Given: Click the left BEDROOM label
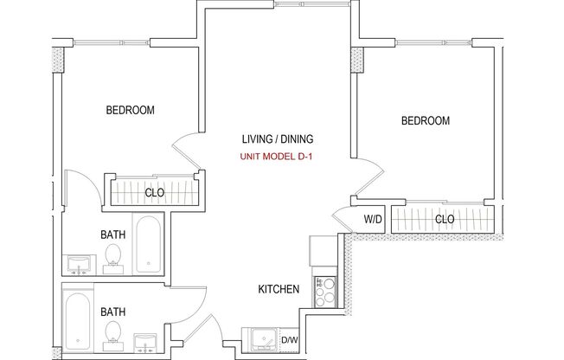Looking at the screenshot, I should click(x=130, y=110).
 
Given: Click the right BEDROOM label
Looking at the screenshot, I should click(x=425, y=121).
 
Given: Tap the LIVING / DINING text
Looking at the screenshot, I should click(x=277, y=138).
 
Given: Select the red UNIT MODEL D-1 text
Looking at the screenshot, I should click(x=277, y=157).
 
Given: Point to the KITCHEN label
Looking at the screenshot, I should click(x=278, y=289).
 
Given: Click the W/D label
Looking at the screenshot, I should click(x=372, y=220).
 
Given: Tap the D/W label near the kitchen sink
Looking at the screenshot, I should click(x=291, y=340).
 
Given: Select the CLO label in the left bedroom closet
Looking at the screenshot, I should click(x=155, y=192).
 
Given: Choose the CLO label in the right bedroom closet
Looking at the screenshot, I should click(x=445, y=220).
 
